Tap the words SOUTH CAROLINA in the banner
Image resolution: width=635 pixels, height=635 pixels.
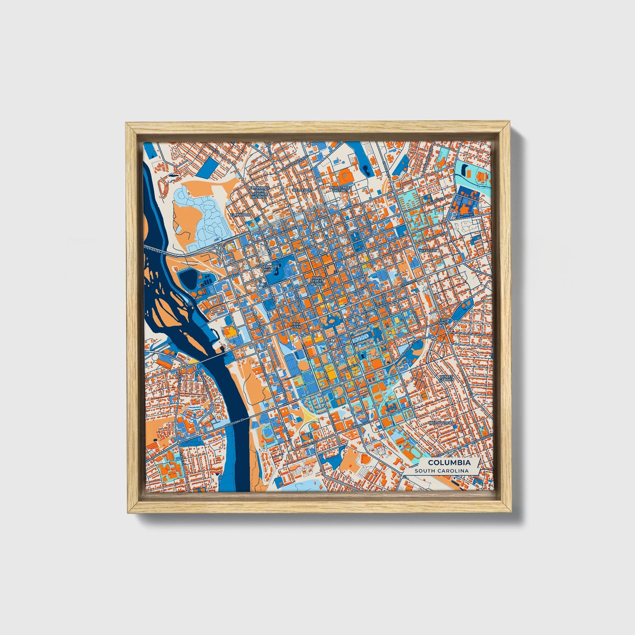click(x=443, y=471)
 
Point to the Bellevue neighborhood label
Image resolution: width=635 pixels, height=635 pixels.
click(x=302, y=190)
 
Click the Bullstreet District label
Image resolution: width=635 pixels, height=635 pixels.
click(x=341, y=189)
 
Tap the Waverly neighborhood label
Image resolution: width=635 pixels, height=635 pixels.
click(x=428, y=250)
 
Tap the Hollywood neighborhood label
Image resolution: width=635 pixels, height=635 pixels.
click(x=441, y=423)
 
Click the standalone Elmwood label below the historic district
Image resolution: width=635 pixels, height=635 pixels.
click(x=241, y=215)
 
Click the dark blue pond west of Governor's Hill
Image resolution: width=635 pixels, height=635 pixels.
click(x=188, y=279)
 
